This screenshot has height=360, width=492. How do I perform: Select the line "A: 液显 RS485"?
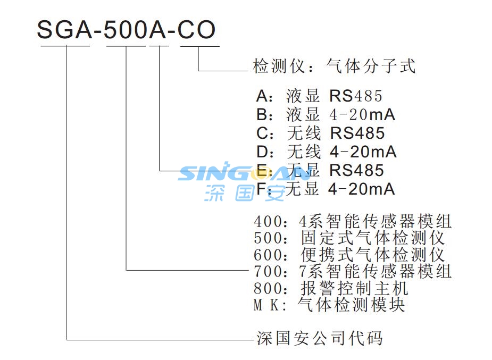tap(319, 96)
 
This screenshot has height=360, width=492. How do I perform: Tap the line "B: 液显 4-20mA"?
tap(326, 114)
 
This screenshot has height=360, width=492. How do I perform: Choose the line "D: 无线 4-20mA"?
tap(326, 152)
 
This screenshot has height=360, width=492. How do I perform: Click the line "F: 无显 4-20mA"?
tap(326, 189)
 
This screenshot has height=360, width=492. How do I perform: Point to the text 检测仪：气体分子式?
tap(334, 66)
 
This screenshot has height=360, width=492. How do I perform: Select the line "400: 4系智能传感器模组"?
tap(353, 221)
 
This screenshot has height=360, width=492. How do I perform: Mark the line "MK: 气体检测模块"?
tap(329, 305)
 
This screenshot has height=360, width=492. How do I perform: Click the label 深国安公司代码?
tap(320, 338)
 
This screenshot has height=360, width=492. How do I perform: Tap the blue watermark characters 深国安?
tap(245, 192)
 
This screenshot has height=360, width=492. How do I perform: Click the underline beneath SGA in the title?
tap(65, 46)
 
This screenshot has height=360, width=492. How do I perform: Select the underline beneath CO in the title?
tap(199, 46)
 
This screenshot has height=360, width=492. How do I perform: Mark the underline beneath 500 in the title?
tap(126, 46)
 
